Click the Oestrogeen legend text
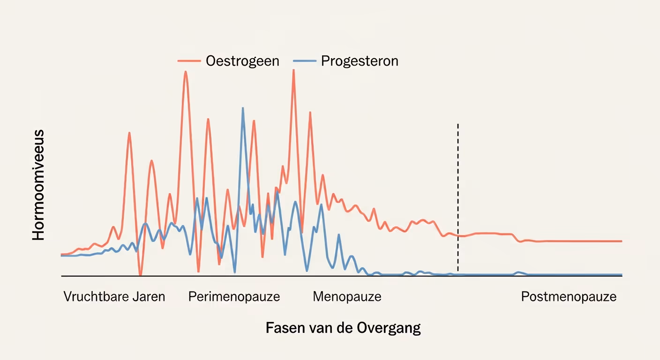[242, 61]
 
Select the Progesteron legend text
[360, 61]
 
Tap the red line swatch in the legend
[189, 61]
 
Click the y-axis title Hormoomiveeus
[38, 185]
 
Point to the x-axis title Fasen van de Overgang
[343, 328]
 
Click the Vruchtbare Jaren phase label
[114, 297]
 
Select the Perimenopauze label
[234, 297]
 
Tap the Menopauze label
[347, 297]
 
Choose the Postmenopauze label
[569, 297]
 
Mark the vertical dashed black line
[457, 197]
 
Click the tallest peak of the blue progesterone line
[243, 108]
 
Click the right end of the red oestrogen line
[621, 241]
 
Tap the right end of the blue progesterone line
[621, 274]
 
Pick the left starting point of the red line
[62, 255]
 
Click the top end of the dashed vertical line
[457, 125]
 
